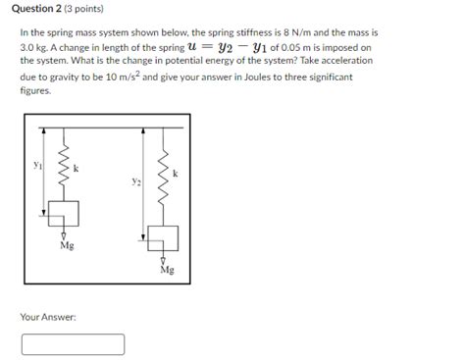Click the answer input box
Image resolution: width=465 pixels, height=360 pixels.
(x=73, y=344)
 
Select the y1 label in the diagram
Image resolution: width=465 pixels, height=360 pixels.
(x=36, y=166)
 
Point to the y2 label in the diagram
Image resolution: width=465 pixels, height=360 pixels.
(x=135, y=182)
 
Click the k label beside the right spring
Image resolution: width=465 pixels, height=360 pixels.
(x=176, y=174)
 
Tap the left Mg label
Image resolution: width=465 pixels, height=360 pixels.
(x=66, y=246)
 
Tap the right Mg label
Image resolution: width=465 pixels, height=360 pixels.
(x=166, y=271)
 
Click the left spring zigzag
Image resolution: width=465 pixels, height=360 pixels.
(x=63, y=173)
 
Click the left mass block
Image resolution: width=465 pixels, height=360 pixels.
(x=63, y=218)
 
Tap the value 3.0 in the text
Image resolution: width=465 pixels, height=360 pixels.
(x=31, y=46)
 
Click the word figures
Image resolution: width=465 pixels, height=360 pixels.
(x=34, y=88)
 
